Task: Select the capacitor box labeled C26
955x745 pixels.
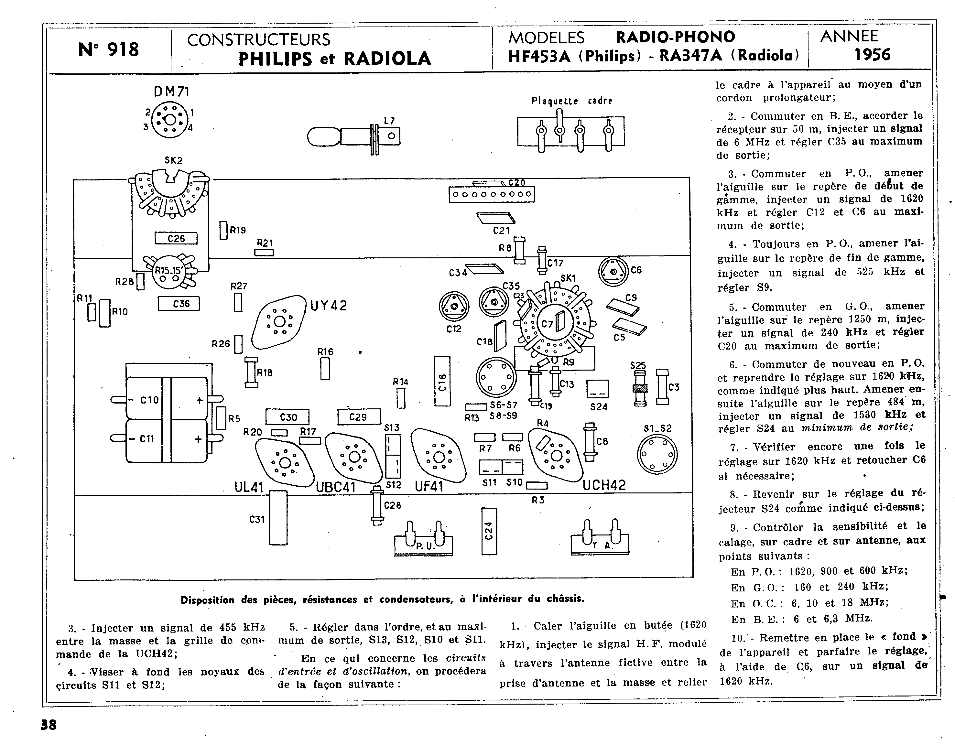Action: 176,238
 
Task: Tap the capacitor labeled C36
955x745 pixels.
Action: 179,303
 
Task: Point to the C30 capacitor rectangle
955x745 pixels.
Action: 287,417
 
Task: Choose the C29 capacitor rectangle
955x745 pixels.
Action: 359,417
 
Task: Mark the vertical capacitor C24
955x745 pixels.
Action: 489,531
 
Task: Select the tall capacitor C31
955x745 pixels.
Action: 278,518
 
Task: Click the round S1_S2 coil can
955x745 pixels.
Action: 657,454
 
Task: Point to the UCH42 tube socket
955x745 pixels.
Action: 555,456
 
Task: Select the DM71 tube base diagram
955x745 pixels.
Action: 170,119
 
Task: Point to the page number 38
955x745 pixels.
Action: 49,725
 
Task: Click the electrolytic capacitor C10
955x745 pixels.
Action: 167,399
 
